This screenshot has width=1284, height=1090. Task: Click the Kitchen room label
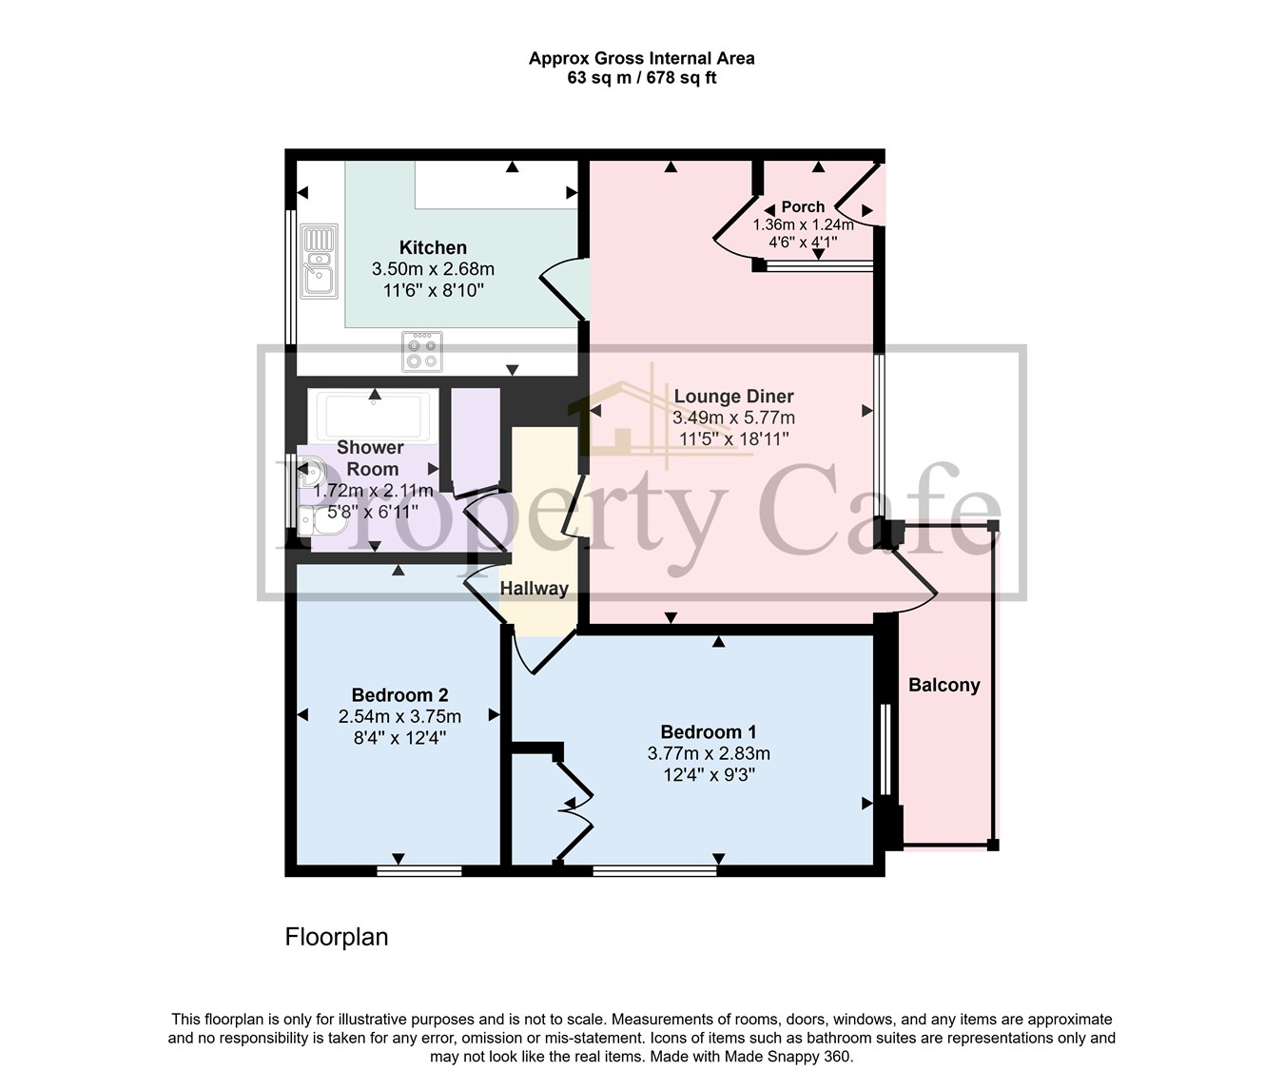tap(433, 247)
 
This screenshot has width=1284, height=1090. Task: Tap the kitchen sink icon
tap(320, 262)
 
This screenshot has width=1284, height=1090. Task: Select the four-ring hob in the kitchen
tap(421, 352)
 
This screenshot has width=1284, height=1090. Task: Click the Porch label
tap(803, 206)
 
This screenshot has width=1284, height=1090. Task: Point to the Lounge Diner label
tap(733, 397)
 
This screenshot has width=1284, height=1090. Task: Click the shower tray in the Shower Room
tap(374, 416)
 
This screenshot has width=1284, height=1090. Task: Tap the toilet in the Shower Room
tap(321, 520)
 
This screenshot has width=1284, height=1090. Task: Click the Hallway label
tap(535, 588)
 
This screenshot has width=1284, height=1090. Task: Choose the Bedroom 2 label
tap(399, 694)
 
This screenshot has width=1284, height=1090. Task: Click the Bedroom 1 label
tap(709, 731)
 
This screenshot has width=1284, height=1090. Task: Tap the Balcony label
tap(944, 685)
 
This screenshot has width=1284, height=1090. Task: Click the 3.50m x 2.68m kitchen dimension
tap(433, 269)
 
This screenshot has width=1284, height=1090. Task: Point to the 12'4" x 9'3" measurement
tap(709, 775)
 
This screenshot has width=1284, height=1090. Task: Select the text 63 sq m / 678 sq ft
tap(642, 78)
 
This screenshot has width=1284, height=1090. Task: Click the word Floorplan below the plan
tap(336, 937)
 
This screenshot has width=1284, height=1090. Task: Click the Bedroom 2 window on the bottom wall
tap(419, 870)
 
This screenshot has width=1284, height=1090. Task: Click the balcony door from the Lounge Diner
tap(912, 579)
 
